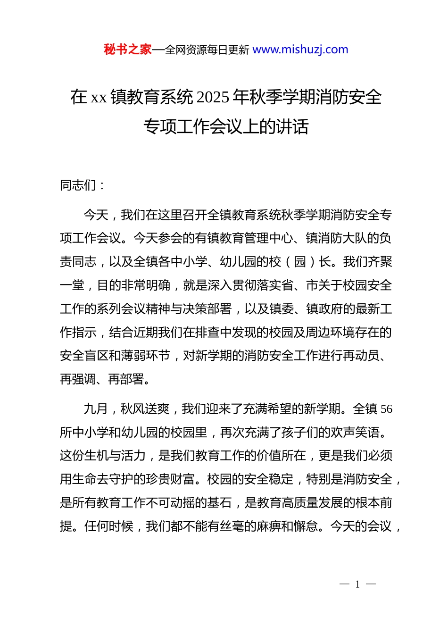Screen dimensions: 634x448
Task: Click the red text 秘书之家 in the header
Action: [127, 50]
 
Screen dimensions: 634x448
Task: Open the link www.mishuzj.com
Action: [300, 50]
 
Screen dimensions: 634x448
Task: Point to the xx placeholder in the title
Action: [99, 98]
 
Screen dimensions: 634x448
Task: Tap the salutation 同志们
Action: [78, 185]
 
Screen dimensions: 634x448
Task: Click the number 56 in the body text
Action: [386, 409]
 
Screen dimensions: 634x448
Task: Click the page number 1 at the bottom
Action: [357, 584]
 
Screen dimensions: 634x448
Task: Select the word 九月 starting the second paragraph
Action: [96, 409]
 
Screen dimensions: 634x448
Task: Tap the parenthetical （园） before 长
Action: [300, 262]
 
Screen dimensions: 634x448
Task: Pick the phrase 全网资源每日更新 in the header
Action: [207, 50]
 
